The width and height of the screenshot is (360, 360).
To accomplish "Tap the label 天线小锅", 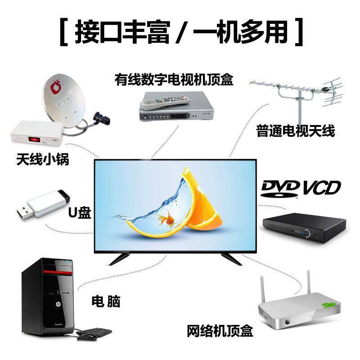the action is [x=43, y=159].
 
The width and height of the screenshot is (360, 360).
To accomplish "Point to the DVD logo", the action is [x=280, y=188].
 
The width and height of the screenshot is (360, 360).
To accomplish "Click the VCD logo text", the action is [x=321, y=187].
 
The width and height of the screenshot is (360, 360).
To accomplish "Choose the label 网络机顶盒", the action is [x=220, y=332].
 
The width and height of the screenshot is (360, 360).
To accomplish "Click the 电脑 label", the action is [x=106, y=301].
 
